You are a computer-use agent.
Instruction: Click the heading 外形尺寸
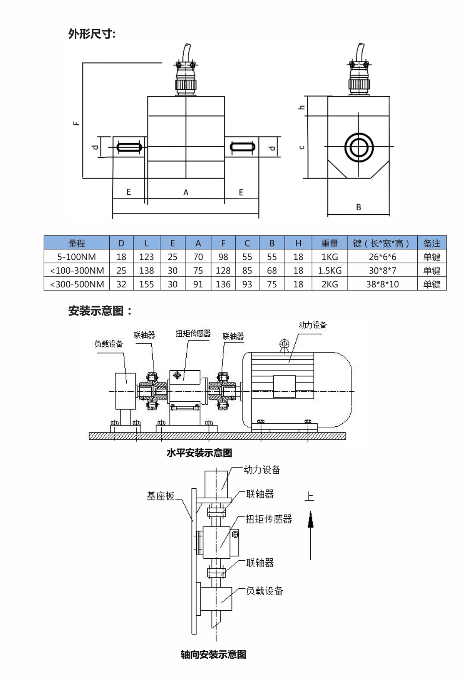92,34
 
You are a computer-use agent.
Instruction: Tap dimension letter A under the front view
186,192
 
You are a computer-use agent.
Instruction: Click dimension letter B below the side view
358,207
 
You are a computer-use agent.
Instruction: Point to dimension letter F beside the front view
77,123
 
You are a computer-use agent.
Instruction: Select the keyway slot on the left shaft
129,147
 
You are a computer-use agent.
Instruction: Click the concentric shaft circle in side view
359,147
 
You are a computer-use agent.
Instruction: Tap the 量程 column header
77,243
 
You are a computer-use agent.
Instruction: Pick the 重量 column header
330,243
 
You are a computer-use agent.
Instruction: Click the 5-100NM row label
77,257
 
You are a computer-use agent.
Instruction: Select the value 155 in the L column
146,284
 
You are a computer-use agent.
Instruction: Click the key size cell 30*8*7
382,271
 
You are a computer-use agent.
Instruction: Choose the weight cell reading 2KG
330,284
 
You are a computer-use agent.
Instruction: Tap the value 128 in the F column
223,271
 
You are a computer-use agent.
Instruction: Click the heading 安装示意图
99,311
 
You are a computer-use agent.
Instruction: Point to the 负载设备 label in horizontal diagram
109,344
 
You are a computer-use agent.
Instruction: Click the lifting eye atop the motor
284,344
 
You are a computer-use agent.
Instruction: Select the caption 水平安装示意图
199,453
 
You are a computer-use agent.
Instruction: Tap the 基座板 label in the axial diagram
161,496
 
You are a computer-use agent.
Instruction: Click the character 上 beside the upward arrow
309,496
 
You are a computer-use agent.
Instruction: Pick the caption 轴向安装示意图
213,654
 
